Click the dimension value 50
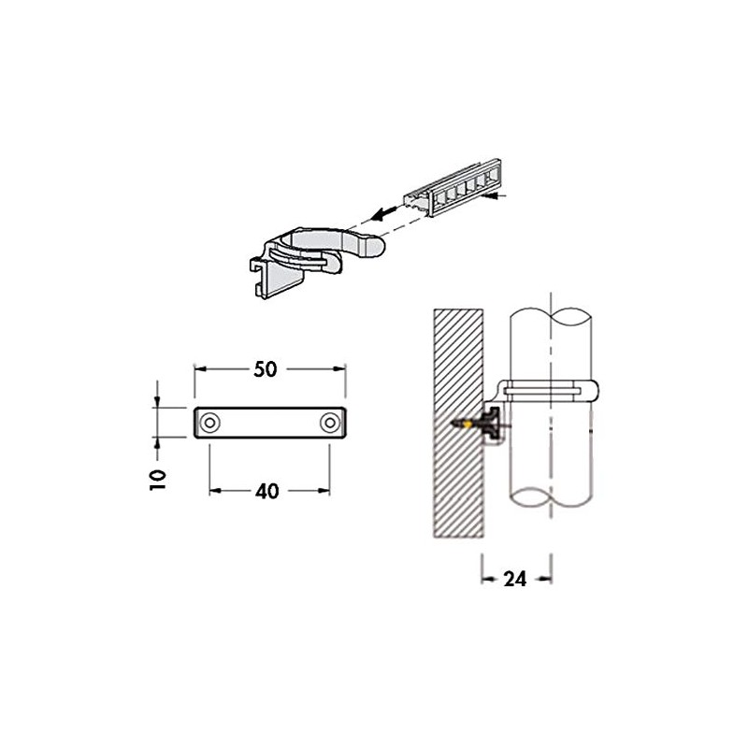click(x=266, y=368)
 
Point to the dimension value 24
click(x=515, y=579)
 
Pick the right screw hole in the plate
click(x=328, y=424)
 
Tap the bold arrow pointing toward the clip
click(x=378, y=210)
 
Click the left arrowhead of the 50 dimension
click(x=197, y=368)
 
